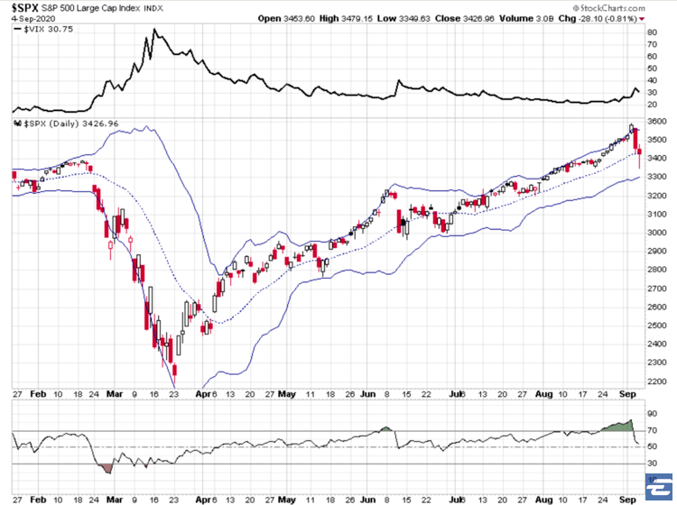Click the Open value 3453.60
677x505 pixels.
click(308, 18)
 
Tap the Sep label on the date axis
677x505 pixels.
click(630, 394)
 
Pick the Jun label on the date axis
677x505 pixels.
click(366, 394)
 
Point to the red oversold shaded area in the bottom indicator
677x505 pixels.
click(107, 467)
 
